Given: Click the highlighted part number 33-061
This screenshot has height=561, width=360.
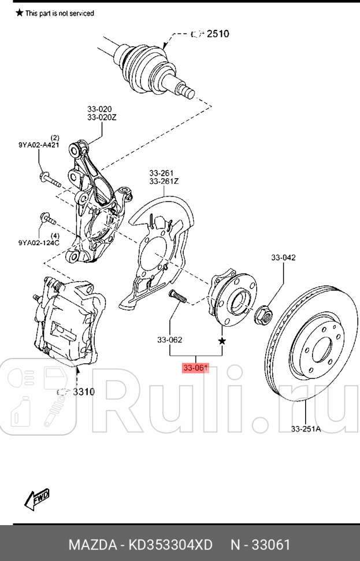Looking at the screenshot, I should (195, 368).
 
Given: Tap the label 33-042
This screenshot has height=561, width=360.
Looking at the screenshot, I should (284, 257).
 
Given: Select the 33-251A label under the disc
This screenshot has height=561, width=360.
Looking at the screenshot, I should (307, 429).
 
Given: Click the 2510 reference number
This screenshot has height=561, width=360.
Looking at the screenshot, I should (217, 34).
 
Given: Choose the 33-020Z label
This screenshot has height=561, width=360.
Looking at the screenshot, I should (102, 117).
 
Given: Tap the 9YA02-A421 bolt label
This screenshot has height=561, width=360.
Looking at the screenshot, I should (38, 146).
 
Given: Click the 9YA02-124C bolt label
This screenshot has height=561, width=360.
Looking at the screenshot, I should (39, 243).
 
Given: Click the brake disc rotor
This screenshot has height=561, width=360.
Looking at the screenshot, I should (312, 347).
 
